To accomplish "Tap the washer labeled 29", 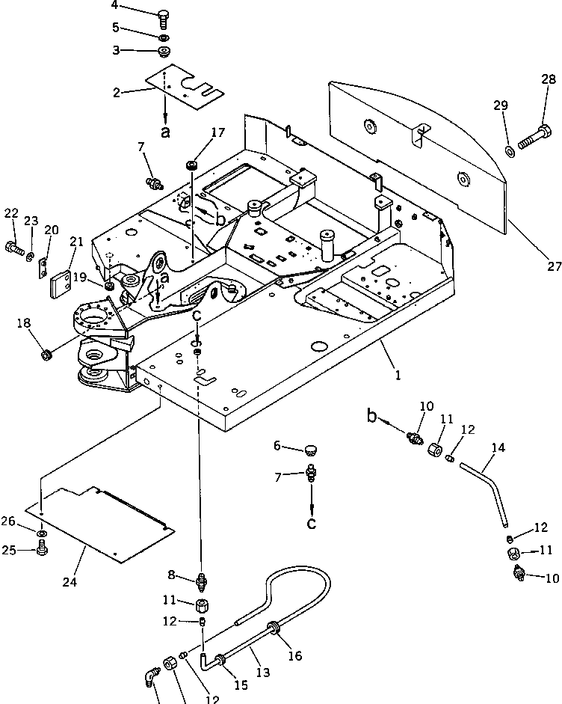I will [509, 152].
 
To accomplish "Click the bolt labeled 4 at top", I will [164, 18].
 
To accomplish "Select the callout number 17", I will [217, 133].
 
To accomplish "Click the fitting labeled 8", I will [200, 580].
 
